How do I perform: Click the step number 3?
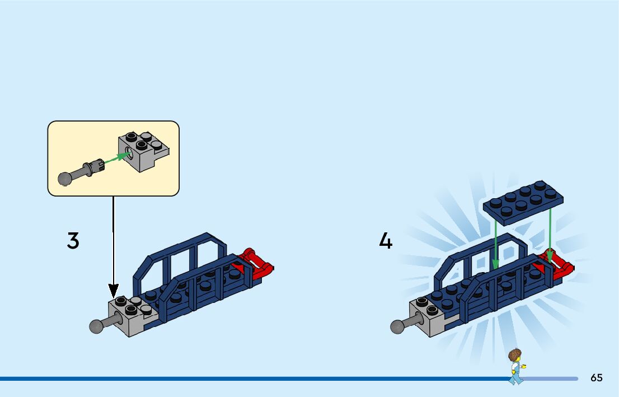tap(73, 241)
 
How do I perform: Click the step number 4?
tap(386, 241)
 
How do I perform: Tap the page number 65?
tap(597, 377)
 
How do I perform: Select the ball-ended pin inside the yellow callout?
tap(81, 172)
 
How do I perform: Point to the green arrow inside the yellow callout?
tap(117, 157)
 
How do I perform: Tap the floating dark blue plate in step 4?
tap(523, 203)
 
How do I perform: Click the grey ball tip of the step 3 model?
tap(96, 326)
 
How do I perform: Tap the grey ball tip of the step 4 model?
tap(397, 326)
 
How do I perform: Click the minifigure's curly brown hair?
tap(515, 355)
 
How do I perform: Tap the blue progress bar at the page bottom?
tap(289, 379)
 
